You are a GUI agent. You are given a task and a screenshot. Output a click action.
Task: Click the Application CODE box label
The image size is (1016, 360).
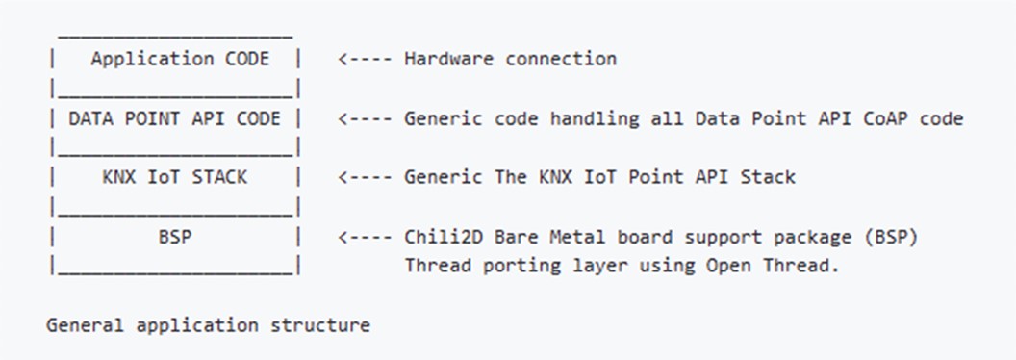180,59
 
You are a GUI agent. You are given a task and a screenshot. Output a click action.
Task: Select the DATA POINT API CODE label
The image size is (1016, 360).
174,118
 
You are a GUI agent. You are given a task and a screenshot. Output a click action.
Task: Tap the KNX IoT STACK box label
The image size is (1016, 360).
174,177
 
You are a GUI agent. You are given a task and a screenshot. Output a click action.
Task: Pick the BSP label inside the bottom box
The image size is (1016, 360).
174,237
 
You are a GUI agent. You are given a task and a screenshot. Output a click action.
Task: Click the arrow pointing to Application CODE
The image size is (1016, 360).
365,59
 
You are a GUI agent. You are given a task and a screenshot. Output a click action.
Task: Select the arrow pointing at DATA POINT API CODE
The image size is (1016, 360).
365,118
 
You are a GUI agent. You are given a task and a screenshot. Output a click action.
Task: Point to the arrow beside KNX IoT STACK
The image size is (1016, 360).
365,177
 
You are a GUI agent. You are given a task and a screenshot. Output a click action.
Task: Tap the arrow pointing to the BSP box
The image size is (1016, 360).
365,237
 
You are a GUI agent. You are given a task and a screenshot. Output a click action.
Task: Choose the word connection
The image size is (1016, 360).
561,59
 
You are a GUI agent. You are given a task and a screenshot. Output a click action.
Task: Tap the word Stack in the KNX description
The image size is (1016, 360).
769,177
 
